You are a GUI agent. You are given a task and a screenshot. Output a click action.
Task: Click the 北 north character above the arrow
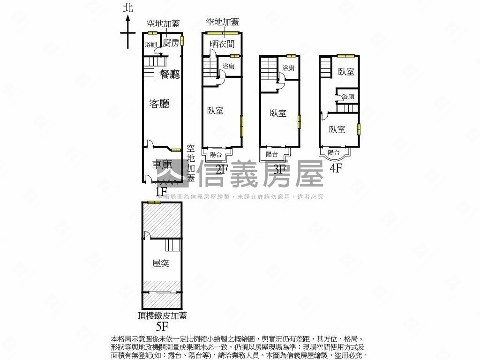point(128,7)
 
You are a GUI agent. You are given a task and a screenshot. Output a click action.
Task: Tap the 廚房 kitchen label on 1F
point(171,43)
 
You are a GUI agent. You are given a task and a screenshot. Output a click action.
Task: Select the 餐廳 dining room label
point(170,74)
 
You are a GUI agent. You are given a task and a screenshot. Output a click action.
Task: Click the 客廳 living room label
point(159,104)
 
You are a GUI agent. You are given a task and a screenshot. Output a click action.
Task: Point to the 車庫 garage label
point(162,165)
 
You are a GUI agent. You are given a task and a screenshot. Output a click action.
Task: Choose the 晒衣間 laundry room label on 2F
point(222,44)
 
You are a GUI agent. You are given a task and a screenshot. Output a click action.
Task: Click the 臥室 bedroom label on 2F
point(215,111)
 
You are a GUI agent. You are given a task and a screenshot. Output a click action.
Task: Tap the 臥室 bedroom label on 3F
point(278,113)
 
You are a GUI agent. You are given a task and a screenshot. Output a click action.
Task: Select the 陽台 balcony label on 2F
point(216,155)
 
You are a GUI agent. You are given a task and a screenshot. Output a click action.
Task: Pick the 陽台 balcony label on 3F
point(272,154)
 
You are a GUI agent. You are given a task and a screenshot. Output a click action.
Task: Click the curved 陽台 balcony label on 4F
point(334,152)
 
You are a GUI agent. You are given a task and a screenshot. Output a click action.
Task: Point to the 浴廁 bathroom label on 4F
point(348,97)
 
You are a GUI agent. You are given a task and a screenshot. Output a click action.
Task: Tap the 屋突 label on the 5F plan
point(161,263)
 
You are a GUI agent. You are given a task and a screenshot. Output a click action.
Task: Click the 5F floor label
point(162,326)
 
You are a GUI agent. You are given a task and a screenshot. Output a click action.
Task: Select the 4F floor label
point(336,168)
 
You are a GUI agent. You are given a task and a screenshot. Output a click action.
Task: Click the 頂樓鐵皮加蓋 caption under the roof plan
point(162,315)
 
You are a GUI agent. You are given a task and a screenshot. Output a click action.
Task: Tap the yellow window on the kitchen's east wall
point(182,41)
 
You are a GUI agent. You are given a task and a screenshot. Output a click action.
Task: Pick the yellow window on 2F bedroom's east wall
point(241,126)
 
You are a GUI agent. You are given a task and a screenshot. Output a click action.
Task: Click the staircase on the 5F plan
point(173,245)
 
